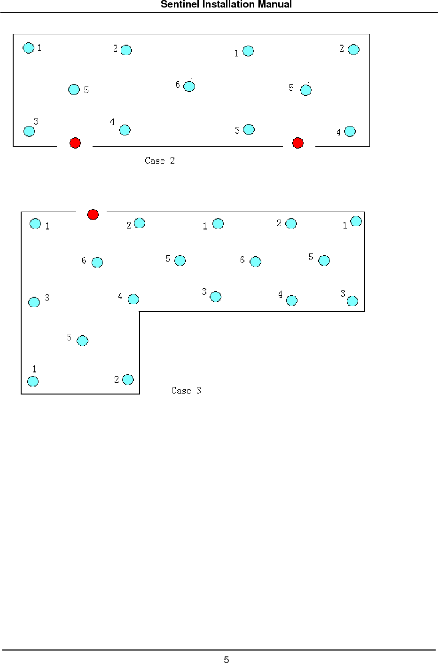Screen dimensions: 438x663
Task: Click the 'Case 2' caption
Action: click(159, 161)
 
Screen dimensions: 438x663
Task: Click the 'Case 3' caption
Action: click(186, 391)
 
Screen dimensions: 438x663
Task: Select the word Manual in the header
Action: click(274, 5)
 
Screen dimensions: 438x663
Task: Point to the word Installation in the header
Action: click(227, 5)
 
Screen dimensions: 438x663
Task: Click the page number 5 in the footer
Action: click(226, 660)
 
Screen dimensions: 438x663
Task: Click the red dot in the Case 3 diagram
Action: click(93, 214)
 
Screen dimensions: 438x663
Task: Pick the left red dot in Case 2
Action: click(75, 143)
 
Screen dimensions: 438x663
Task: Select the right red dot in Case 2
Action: click(297, 143)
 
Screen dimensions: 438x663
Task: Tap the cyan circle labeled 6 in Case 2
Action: click(189, 87)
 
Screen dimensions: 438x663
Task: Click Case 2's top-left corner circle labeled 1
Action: click(29, 47)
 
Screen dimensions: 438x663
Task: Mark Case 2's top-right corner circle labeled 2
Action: click(354, 49)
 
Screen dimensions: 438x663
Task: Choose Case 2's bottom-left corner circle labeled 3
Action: click(29, 131)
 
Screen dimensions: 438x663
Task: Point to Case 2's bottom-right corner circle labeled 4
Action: click(350, 132)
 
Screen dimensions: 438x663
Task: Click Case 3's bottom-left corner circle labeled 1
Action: click(33, 381)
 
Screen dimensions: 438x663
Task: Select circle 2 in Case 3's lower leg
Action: click(128, 379)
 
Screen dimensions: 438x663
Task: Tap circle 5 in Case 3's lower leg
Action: click(82, 341)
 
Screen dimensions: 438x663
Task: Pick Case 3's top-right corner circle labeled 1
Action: click(356, 221)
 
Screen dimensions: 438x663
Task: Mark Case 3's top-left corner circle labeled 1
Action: click(35, 224)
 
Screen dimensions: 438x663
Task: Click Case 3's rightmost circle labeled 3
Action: click(352, 301)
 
